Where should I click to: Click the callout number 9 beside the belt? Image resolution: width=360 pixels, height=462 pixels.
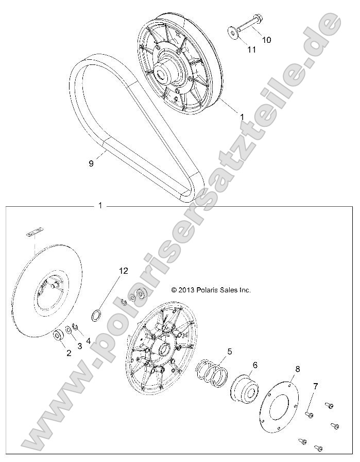pyautogui.click(x=91, y=163)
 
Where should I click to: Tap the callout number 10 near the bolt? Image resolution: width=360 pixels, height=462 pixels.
pyautogui.click(x=266, y=39)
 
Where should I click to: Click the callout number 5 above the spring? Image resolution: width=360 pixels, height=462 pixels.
pyautogui.click(x=229, y=352)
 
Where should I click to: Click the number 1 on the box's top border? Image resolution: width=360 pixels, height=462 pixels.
pyautogui.click(x=100, y=205)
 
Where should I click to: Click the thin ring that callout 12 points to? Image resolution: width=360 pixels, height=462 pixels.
pyautogui.click(x=96, y=315)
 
